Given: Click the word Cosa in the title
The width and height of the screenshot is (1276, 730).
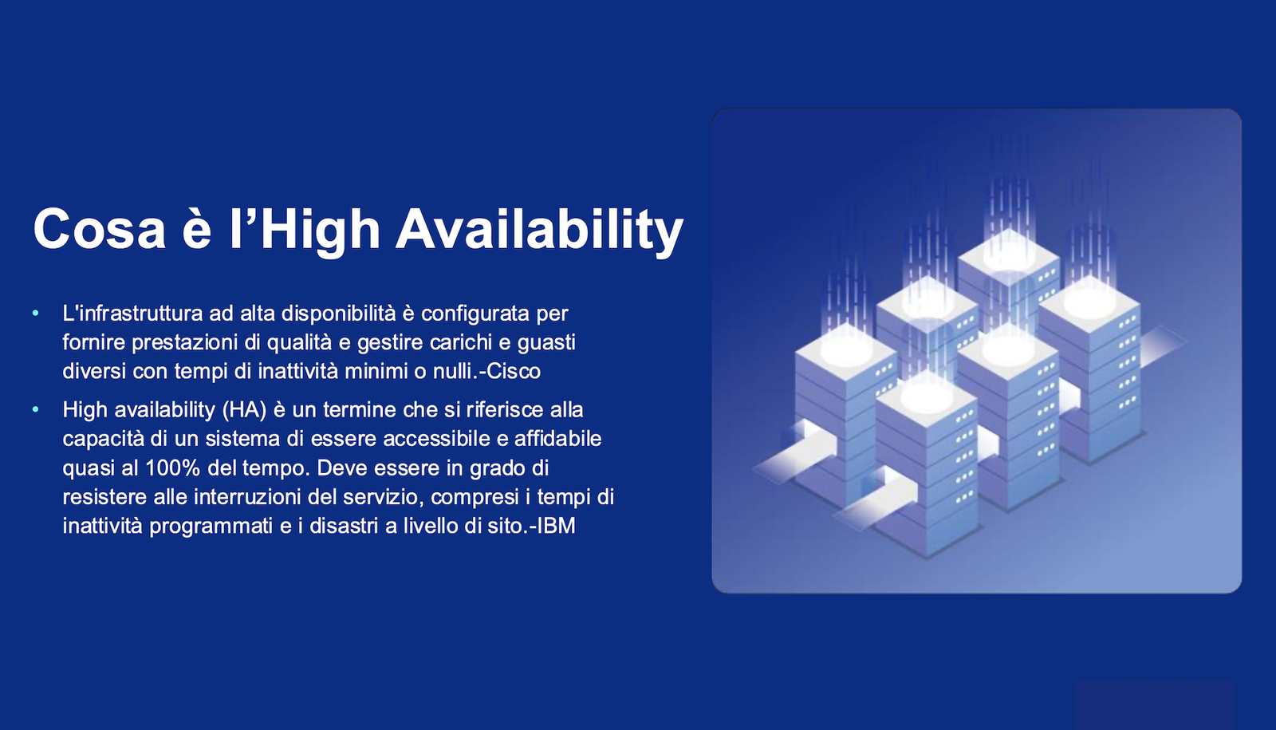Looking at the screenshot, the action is [100, 228].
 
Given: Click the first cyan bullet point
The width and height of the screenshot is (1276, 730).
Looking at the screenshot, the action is [36, 313].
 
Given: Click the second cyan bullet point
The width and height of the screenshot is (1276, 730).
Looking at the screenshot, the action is [36, 409].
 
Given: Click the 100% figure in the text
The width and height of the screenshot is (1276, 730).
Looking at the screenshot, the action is [172, 468].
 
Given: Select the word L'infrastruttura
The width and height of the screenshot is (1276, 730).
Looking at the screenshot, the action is [132, 313].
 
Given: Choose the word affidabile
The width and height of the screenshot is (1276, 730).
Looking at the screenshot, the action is [557, 439].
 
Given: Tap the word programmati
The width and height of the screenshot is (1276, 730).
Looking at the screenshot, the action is [211, 526].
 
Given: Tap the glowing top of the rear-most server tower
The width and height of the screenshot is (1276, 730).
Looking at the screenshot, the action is [1009, 254].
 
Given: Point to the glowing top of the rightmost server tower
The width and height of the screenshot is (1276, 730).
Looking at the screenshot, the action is [1089, 301].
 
